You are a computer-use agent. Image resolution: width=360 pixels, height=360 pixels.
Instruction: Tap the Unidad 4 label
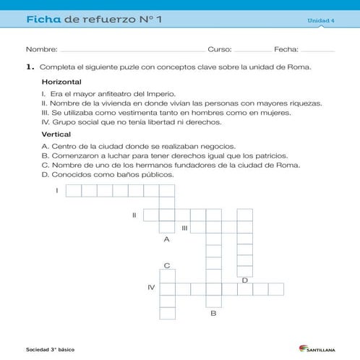321,20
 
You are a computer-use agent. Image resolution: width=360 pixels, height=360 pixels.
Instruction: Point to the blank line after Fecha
317,50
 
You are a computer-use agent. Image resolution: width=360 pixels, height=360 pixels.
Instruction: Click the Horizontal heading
61,82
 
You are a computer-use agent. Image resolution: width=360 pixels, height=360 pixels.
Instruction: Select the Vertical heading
56,134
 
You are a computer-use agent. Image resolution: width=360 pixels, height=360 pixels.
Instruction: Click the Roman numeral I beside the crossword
56,190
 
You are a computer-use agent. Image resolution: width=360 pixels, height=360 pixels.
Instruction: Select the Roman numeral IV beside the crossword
151,288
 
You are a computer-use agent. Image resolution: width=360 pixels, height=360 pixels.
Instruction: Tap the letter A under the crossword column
167,239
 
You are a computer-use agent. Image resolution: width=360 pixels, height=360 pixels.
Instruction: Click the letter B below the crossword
213,313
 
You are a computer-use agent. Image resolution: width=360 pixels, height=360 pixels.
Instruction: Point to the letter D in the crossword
245,280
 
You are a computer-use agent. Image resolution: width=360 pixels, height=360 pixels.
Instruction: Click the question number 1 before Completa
30,67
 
